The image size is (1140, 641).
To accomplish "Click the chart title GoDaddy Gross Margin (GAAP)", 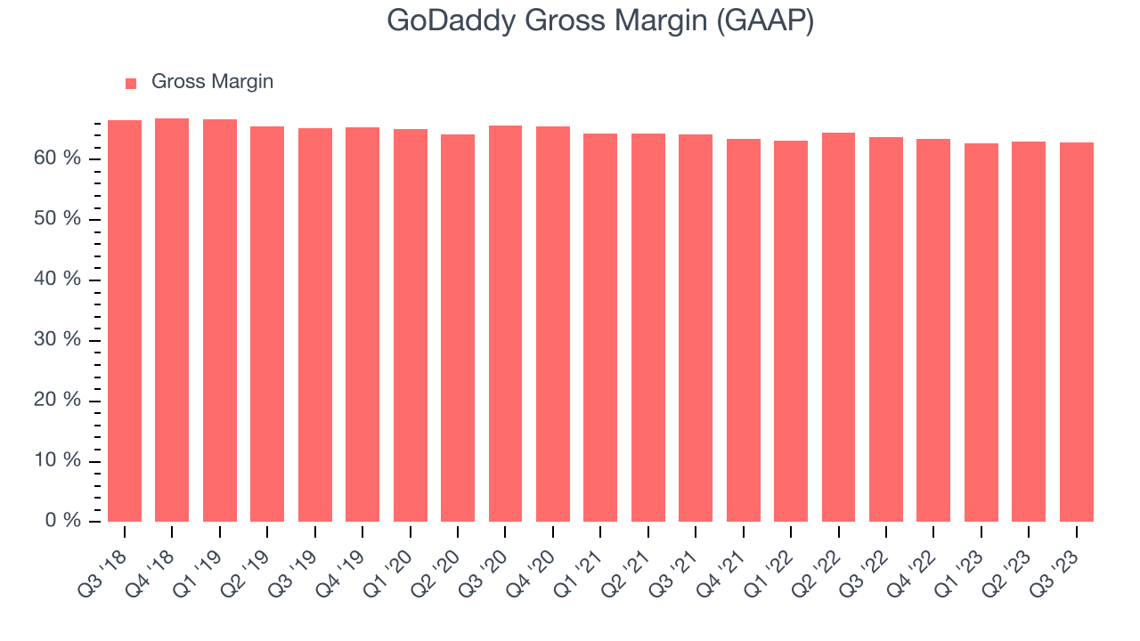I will click(600, 21).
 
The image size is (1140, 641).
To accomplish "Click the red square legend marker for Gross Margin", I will click(131, 83).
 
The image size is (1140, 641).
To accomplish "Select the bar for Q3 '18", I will click(125, 320).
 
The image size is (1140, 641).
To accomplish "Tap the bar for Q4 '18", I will click(172, 320).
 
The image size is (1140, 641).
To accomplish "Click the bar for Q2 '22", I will click(839, 327).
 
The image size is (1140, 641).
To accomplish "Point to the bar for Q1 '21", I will click(600, 328).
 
